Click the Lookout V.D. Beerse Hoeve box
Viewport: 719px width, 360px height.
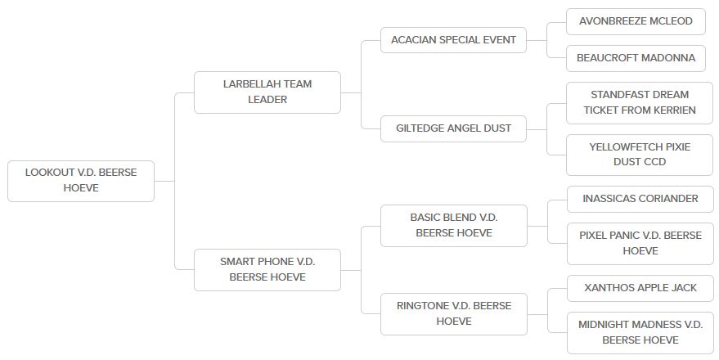tap(81, 181)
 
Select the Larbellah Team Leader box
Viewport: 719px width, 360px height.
tap(267, 92)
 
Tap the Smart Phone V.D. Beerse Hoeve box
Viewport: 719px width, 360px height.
tap(267, 269)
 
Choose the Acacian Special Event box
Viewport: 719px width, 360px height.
tap(453, 40)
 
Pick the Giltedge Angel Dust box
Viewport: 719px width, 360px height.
tap(453, 128)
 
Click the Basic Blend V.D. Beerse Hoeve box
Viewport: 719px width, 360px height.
tap(453, 225)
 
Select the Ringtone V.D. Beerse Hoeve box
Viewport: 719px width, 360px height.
tap(453, 313)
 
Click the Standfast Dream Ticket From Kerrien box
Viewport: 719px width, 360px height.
tap(640, 102)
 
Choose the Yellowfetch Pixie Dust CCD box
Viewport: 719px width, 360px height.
tap(640, 155)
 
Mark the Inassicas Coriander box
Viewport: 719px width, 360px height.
tap(640, 199)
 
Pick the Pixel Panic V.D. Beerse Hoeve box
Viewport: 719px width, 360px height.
tap(640, 243)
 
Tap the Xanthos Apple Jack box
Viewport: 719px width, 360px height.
tap(640, 288)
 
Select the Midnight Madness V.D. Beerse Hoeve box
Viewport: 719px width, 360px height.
tap(640, 332)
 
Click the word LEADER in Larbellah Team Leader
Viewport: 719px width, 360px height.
tap(267, 100)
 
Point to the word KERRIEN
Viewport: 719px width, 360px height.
tap(672, 110)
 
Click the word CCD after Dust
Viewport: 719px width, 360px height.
tap(654, 162)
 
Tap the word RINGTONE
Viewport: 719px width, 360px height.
tap(420, 306)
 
